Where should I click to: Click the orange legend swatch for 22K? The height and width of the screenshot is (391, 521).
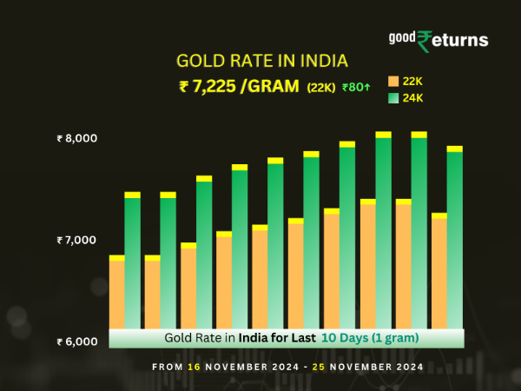point(392,81)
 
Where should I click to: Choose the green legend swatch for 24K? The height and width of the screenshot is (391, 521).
point(392,98)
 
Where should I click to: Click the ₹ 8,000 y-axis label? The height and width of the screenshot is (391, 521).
point(77,138)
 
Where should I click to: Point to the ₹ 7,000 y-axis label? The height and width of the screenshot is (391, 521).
point(77,240)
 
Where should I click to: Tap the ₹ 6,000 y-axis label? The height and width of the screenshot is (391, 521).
point(77,341)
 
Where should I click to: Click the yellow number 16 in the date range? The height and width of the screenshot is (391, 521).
point(194,368)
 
